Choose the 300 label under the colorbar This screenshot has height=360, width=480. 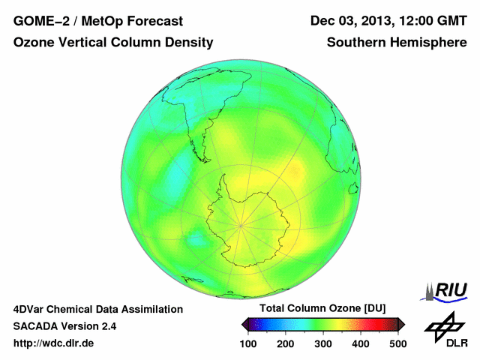(323, 343)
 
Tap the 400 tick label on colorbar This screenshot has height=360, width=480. (360, 343)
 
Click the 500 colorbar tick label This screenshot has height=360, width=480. (397, 343)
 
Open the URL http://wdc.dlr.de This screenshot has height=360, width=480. (54, 343)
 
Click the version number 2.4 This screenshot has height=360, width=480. (108, 326)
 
